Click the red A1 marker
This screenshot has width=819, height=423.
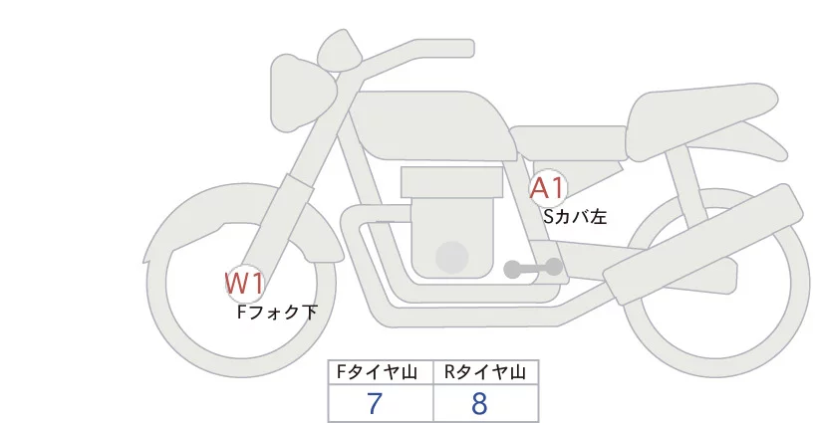coord(548,187)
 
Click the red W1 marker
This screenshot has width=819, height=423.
coord(244,284)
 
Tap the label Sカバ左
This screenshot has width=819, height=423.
coord(575,214)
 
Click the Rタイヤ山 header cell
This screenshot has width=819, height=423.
coord(485,372)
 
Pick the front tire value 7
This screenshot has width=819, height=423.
coord(375,405)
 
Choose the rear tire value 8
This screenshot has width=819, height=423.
coord(480,405)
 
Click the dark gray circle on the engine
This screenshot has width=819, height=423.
coord(452,257)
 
